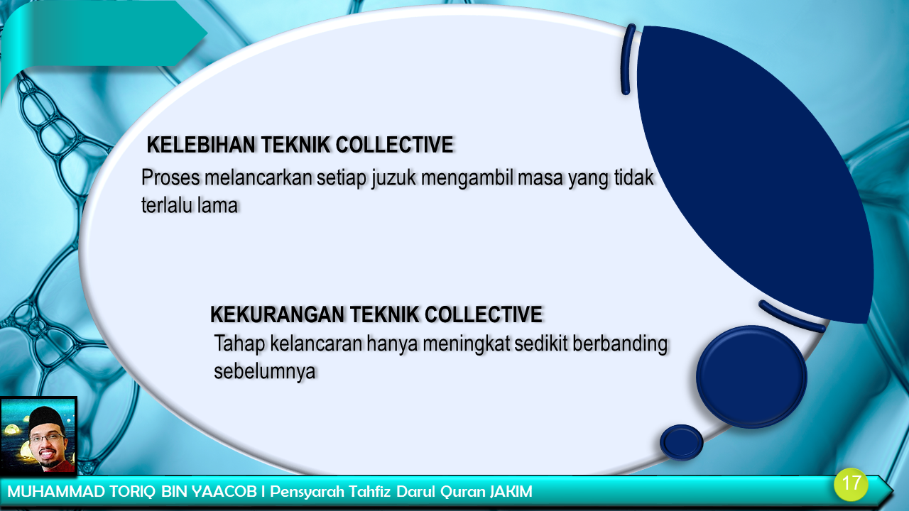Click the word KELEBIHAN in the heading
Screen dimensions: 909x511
[x=201, y=145]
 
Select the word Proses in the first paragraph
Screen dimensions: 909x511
[x=171, y=177]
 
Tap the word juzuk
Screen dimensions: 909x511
[x=393, y=178]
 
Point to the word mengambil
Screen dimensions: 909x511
[x=467, y=178]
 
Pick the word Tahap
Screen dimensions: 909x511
[x=239, y=344]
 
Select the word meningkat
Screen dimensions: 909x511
[x=467, y=344]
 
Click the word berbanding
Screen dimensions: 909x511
[x=620, y=344]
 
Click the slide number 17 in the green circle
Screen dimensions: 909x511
[x=851, y=483]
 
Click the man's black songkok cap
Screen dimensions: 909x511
[x=46, y=417]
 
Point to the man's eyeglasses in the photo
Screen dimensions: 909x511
[x=47, y=438]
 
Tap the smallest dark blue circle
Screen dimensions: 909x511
[x=681, y=442]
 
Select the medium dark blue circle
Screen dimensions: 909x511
[x=751, y=376]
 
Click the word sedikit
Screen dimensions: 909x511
[x=541, y=344]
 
